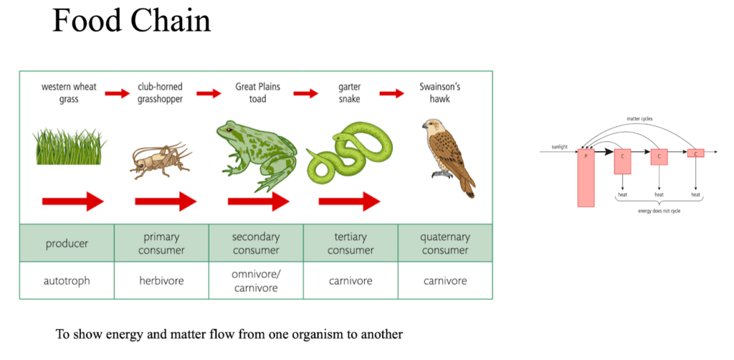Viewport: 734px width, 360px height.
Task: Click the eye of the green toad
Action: [x=229, y=131]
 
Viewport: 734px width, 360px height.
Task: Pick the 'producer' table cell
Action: [x=67, y=243]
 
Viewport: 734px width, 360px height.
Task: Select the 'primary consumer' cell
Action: [x=161, y=243]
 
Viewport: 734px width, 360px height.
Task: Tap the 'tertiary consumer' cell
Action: [x=351, y=243]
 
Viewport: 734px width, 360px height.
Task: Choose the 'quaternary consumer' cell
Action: [x=445, y=243]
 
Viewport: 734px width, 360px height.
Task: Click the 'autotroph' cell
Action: [x=67, y=280]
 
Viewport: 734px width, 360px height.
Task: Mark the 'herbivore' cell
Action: [x=161, y=280]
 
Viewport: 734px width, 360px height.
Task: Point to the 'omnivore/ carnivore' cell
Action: [x=256, y=280]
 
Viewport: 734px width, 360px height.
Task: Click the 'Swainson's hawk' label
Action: [x=439, y=93]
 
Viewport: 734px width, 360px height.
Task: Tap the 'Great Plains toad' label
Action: [x=257, y=93]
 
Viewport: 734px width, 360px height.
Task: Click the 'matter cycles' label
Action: [x=639, y=118]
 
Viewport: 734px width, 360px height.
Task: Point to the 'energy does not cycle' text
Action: [x=659, y=212]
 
